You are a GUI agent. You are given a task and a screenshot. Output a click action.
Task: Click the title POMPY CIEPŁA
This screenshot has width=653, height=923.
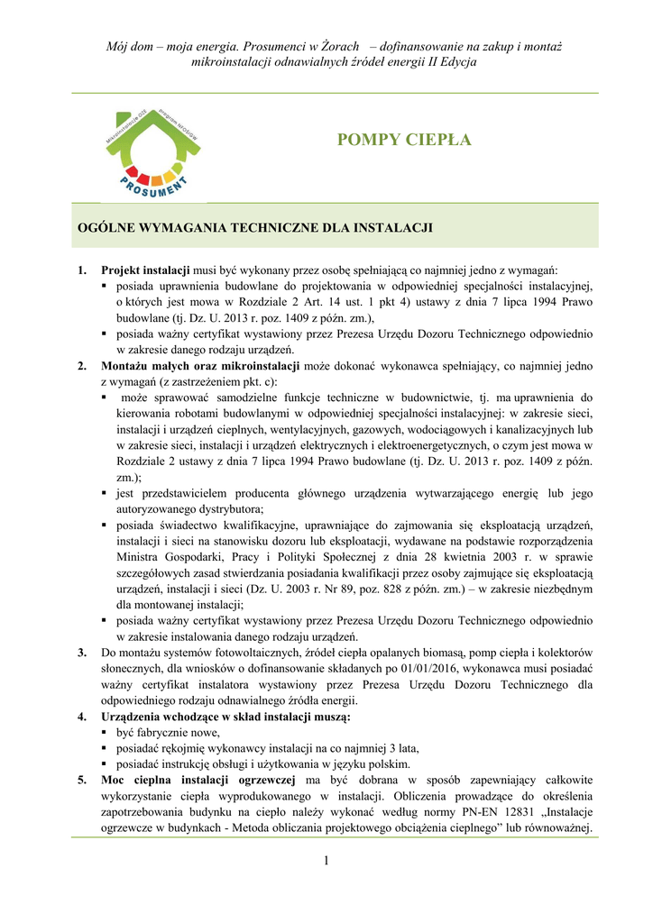click(x=403, y=140)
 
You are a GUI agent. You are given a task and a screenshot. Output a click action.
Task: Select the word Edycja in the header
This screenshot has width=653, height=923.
click(x=455, y=62)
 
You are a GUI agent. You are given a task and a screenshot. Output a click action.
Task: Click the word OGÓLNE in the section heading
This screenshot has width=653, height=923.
click(x=102, y=227)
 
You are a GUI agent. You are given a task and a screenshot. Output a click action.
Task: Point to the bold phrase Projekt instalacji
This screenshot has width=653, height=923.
click(x=145, y=270)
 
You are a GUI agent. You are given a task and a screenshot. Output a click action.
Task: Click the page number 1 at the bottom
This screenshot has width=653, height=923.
click(x=326, y=863)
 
